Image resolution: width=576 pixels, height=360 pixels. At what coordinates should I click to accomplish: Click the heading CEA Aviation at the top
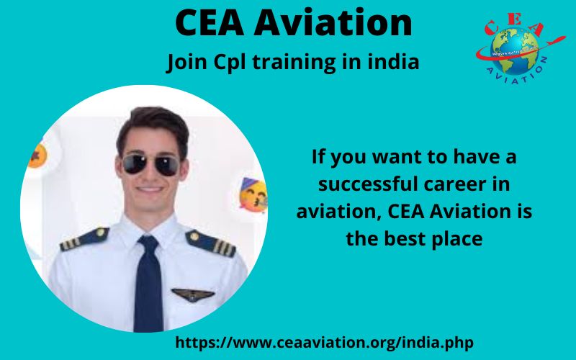294,23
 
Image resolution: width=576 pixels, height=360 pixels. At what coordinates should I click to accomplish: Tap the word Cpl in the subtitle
229,62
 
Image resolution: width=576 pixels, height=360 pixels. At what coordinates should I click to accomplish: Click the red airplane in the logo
554,40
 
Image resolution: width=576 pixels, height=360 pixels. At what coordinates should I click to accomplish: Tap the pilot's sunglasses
150,164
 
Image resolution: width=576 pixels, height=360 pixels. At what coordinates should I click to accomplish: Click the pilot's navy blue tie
148,284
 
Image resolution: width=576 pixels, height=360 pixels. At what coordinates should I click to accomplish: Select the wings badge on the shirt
193,294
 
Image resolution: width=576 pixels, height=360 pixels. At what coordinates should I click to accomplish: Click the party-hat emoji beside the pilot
253,195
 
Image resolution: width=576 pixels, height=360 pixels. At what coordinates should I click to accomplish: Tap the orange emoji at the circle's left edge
37,156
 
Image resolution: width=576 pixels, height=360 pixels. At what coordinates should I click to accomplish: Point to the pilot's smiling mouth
150,189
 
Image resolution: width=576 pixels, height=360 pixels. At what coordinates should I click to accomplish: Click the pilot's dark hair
153,125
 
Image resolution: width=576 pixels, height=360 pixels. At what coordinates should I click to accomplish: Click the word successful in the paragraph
368,184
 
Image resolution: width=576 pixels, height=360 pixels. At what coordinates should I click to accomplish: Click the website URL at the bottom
325,343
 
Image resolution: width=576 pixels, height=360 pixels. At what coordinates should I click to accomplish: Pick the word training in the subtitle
294,63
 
